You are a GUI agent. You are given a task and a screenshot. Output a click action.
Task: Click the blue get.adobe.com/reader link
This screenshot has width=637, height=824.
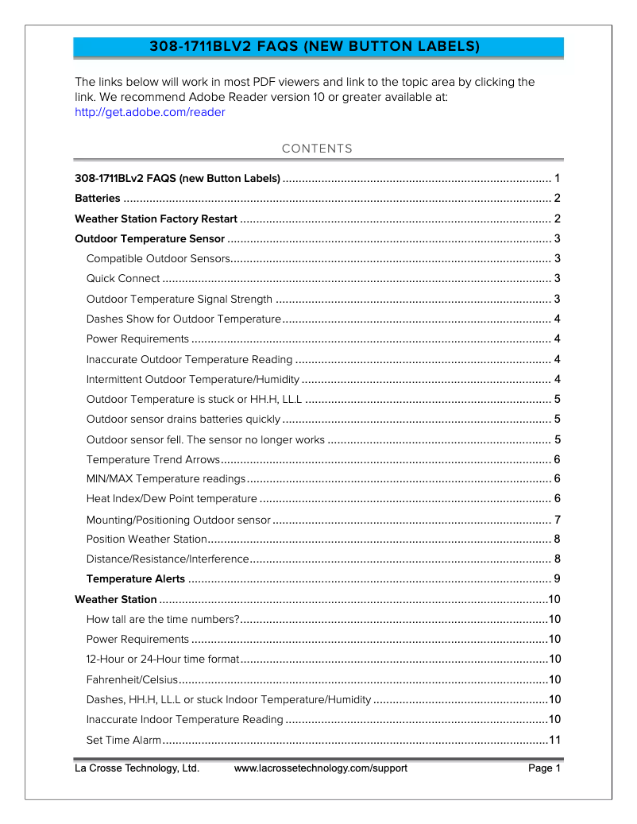pyautogui.click(x=149, y=112)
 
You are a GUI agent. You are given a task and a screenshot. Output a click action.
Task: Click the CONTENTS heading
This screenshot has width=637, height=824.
pyautogui.click(x=317, y=149)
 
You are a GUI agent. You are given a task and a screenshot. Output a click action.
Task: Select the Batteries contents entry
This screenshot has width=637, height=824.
pyautogui.click(x=98, y=199)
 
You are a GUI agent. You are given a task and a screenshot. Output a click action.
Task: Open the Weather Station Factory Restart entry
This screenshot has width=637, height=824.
pyautogui.click(x=156, y=219)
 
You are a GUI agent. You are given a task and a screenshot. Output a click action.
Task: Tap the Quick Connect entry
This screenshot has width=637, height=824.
pyautogui.click(x=123, y=279)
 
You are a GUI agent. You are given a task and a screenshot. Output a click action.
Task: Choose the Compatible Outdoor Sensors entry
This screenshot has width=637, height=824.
pyautogui.click(x=158, y=258)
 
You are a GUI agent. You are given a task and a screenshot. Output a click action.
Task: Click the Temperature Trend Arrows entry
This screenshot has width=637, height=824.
pyautogui.click(x=152, y=459)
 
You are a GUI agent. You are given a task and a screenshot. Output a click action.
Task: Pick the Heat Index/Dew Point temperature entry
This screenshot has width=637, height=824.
pyautogui.click(x=172, y=499)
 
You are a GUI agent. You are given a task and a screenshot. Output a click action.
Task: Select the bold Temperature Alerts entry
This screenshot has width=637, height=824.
pyautogui.click(x=135, y=578)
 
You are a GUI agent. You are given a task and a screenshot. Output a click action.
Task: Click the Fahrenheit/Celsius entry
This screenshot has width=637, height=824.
pyautogui.click(x=132, y=679)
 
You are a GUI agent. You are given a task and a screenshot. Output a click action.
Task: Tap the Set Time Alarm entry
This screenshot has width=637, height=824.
pyautogui.click(x=124, y=741)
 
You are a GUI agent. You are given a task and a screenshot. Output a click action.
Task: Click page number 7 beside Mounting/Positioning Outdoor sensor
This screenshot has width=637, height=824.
pyautogui.click(x=558, y=520)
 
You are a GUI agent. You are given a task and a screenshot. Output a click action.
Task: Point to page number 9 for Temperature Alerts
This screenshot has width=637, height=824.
pyautogui.click(x=558, y=578)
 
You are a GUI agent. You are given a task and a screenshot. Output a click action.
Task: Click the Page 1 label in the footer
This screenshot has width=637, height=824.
pyautogui.click(x=545, y=768)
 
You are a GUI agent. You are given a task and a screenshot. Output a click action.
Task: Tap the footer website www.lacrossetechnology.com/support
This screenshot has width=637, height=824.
pyautogui.click(x=320, y=768)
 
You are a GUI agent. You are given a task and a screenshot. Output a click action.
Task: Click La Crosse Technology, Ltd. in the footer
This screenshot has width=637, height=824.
pyautogui.click(x=137, y=768)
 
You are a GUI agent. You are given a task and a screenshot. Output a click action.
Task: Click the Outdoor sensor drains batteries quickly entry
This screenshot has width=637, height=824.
pyautogui.click(x=183, y=419)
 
